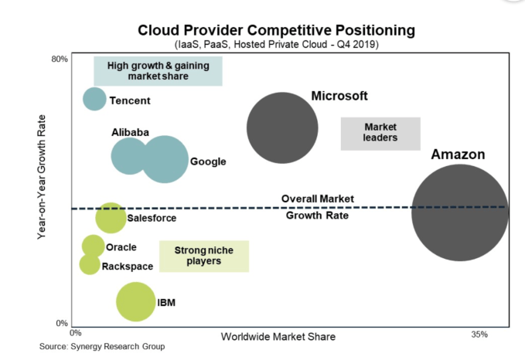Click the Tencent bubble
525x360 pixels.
(94, 99)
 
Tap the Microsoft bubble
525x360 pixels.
(282, 128)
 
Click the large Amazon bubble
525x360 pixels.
(460, 212)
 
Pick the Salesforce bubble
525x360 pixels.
(111, 218)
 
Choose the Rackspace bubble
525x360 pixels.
(90, 264)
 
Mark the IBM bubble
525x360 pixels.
(136, 301)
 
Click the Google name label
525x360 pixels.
(208, 161)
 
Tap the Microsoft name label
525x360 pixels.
(339, 96)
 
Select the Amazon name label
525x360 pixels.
(458, 155)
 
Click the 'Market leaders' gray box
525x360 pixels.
(380, 133)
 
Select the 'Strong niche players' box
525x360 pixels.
(203, 256)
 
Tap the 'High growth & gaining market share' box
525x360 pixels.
(158, 71)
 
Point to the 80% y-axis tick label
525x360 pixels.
(60, 59)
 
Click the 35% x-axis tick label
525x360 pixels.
(479, 334)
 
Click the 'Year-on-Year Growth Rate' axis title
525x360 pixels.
(44, 188)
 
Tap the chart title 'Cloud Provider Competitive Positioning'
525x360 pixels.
(276, 30)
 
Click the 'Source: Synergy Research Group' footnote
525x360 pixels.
(102, 347)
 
